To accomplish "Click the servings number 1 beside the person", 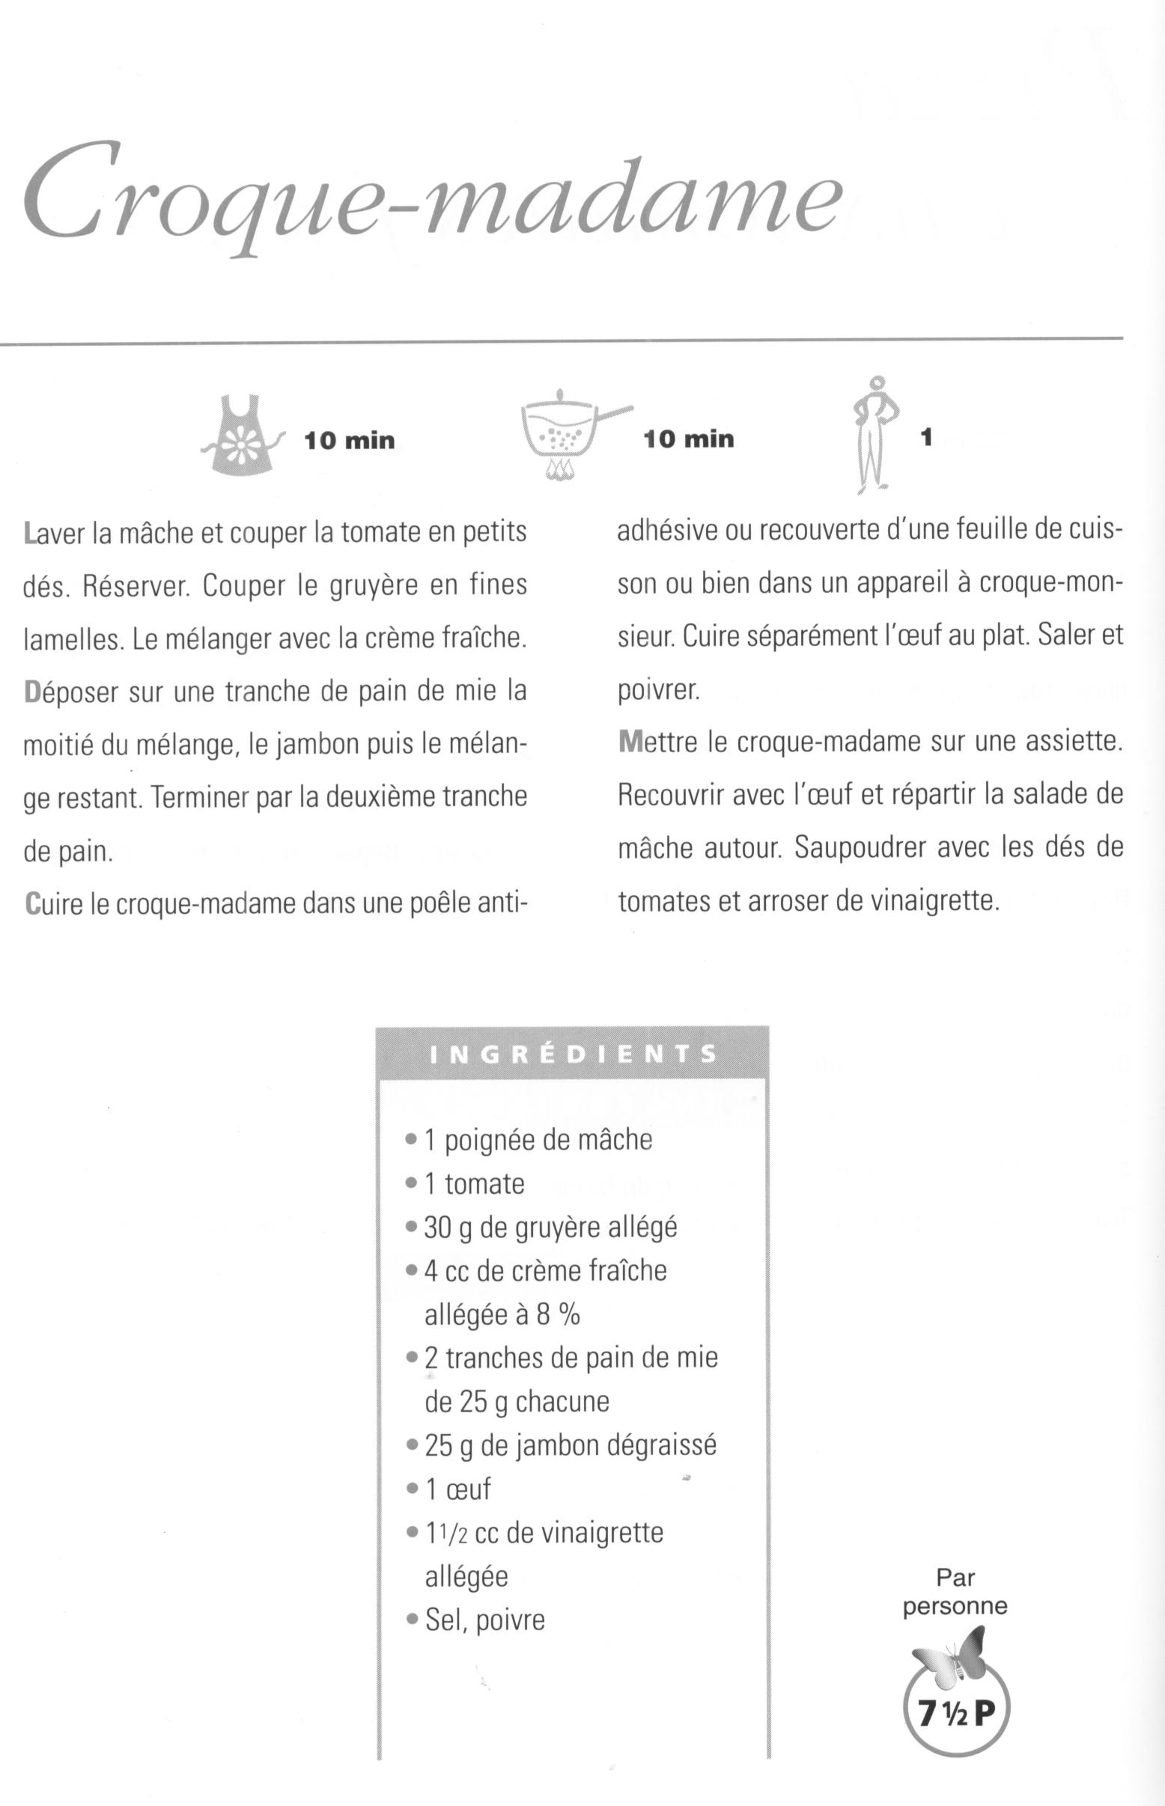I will click(x=926, y=437).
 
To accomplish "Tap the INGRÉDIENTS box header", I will click(x=573, y=1054).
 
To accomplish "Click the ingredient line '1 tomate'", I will click(x=474, y=1183).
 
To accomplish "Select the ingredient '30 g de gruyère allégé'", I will click(x=550, y=1227).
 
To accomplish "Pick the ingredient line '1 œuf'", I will click(x=457, y=1489).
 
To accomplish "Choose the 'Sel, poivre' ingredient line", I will click(x=485, y=1620).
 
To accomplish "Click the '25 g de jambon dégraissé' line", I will click(x=570, y=1445).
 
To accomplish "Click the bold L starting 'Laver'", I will click(x=29, y=534).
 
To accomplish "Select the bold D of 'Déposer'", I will click(x=31, y=693).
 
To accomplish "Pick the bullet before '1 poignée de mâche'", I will click(x=411, y=1139).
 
